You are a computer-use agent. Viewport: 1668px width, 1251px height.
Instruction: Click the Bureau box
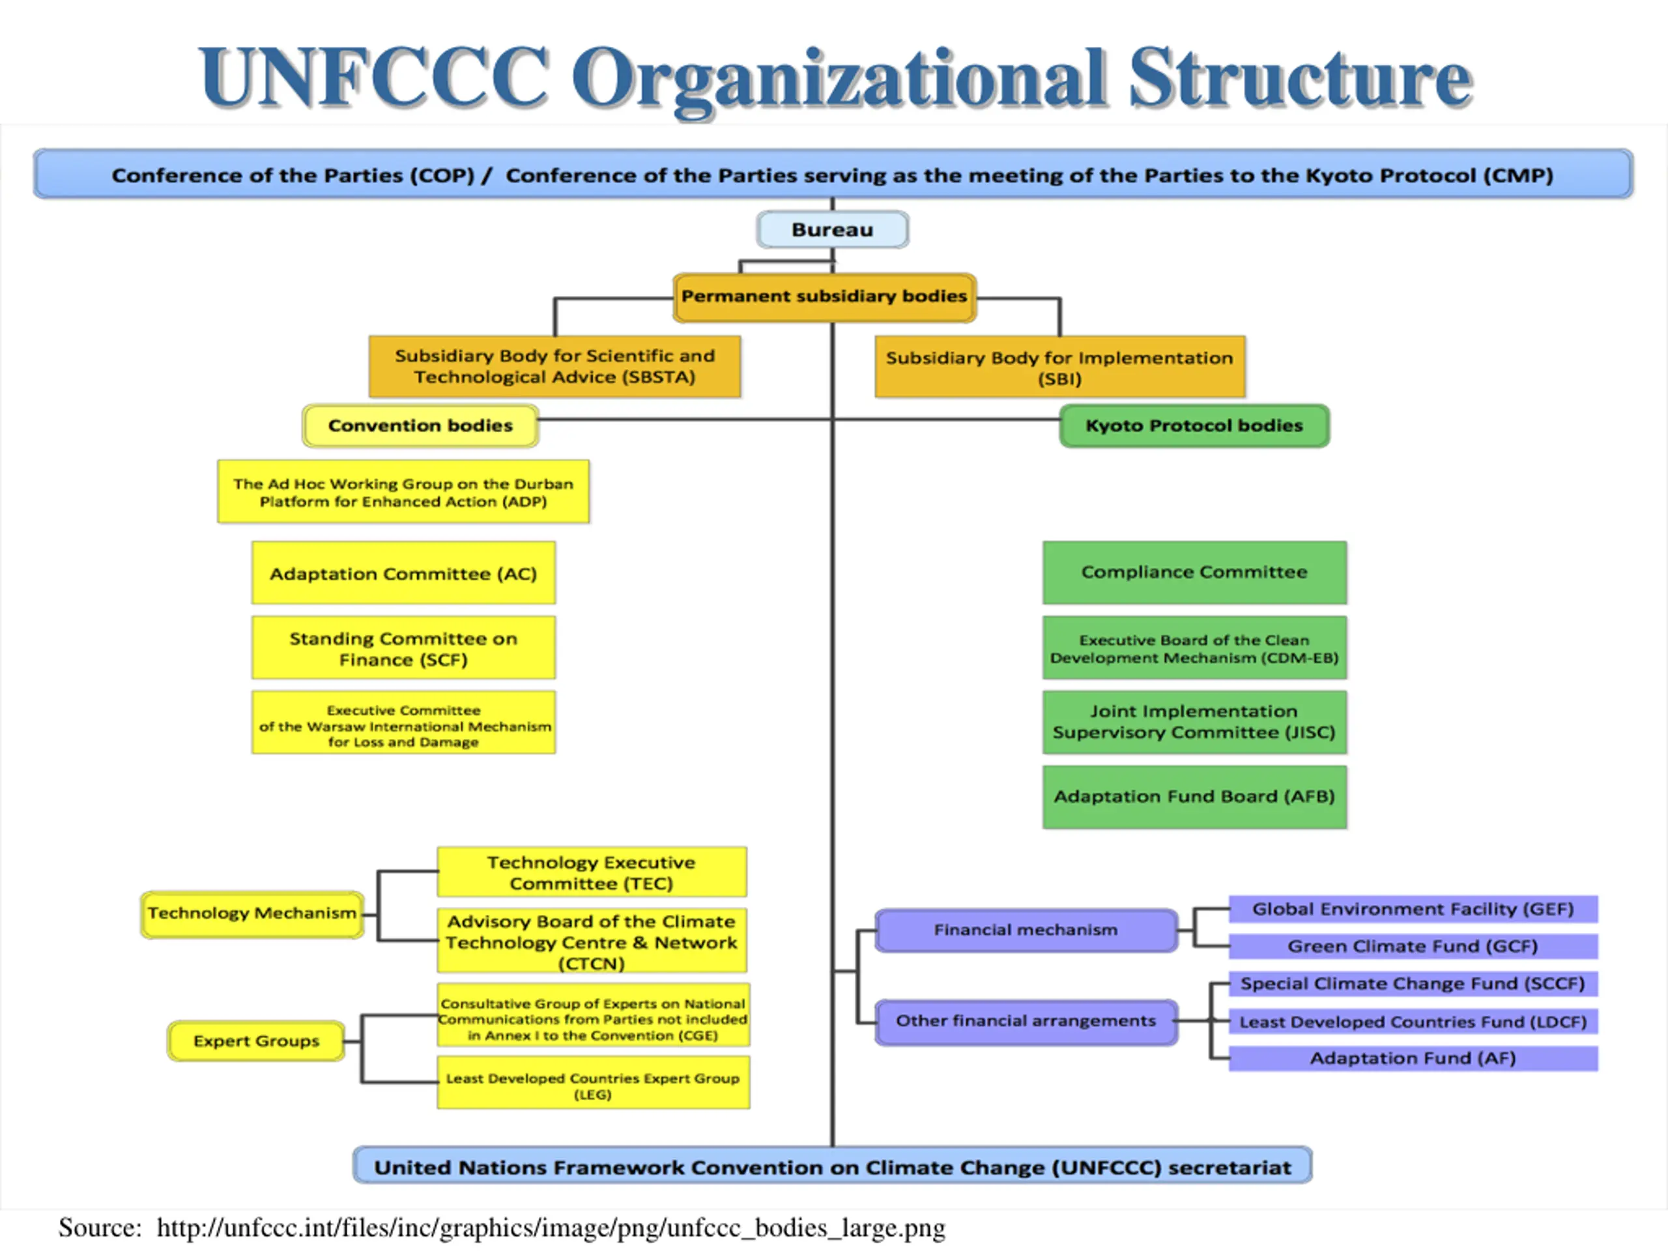click(833, 229)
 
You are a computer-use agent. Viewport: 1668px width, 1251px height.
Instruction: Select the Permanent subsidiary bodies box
click(824, 296)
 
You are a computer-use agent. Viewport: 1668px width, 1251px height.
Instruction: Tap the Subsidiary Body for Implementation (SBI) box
click(1059, 367)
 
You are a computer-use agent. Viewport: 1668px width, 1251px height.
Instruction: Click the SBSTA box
click(554, 366)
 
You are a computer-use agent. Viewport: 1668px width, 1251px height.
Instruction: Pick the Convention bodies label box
click(420, 425)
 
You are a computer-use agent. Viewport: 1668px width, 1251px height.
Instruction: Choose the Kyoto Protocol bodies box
click(1194, 425)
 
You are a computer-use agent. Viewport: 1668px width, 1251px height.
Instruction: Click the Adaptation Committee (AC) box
click(403, 573)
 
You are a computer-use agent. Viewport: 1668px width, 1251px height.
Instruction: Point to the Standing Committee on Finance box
click(403, 648)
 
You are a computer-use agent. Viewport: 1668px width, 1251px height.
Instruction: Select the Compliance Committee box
click(1194, 572)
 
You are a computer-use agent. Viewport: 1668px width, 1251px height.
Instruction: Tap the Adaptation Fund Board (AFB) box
click(1194, 797)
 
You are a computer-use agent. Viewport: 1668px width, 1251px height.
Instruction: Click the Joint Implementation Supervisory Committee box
click(1194, 723)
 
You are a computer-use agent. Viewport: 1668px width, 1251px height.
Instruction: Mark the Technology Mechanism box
click(252, 914)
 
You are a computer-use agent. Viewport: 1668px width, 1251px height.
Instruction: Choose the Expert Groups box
click(255, 1041)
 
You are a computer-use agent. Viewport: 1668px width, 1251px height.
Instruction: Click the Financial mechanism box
click(1026, 930)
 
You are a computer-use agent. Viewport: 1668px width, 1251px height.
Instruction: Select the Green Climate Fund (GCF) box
click(1413, 945)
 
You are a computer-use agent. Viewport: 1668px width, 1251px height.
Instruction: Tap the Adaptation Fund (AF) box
click(1413, 1058)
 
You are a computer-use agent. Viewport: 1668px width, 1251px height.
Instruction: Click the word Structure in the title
click(1299, 78)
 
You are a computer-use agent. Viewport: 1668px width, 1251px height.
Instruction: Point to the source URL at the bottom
click(551, 1228)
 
